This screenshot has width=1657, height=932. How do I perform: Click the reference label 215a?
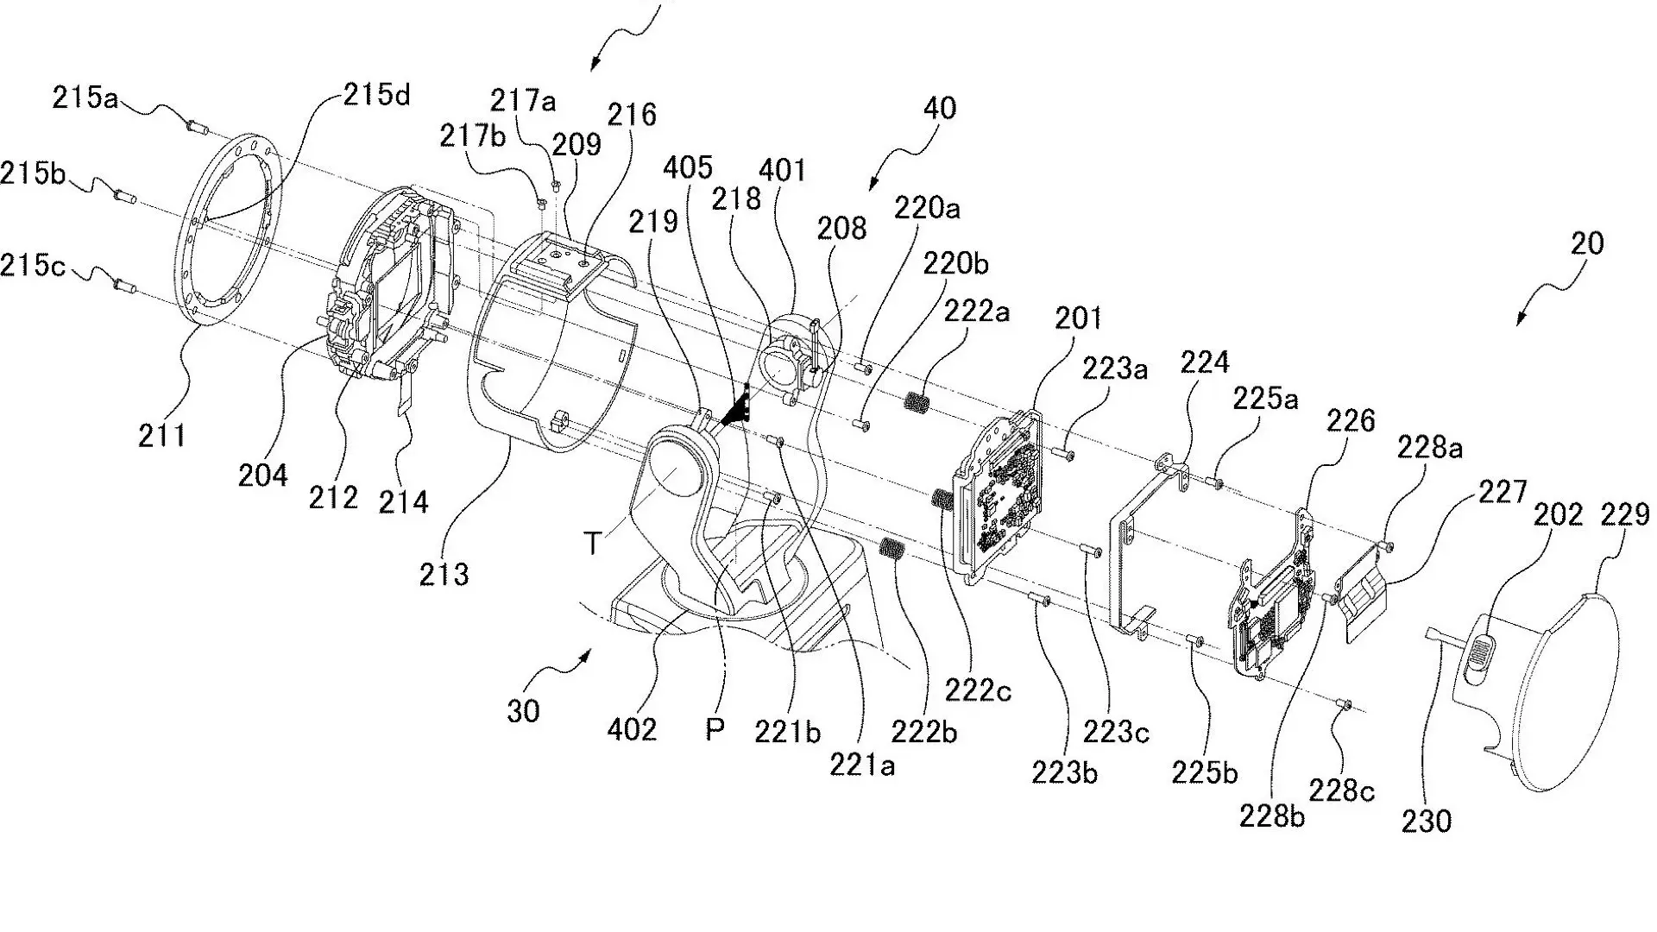click(x=85, y=98)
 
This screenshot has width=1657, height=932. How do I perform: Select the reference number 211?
click(x=162, y=436)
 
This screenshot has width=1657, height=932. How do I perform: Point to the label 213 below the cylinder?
click(x=444, y=573)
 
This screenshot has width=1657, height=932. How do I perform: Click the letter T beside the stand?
click(x=592, y=544)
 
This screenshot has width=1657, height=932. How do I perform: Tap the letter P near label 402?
click(x=715, y=730)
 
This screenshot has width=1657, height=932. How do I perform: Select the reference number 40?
click(x=939, y=109)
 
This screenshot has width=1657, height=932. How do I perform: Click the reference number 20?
click(x=1586, y=243)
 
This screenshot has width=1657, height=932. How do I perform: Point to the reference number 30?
click(x=523, y=711)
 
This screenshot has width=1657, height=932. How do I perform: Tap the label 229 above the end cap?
click(x=1625, y=515)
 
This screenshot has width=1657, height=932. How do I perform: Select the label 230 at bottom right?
click(x=1427, y=820)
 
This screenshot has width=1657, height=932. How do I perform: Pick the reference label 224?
click(x=1205, y=362)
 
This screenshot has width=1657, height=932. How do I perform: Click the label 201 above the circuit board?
click(x=1079, y=318)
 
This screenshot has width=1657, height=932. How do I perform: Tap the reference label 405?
click(x=688, y=167)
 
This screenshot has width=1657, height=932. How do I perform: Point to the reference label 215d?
click(x=377, y=94)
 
